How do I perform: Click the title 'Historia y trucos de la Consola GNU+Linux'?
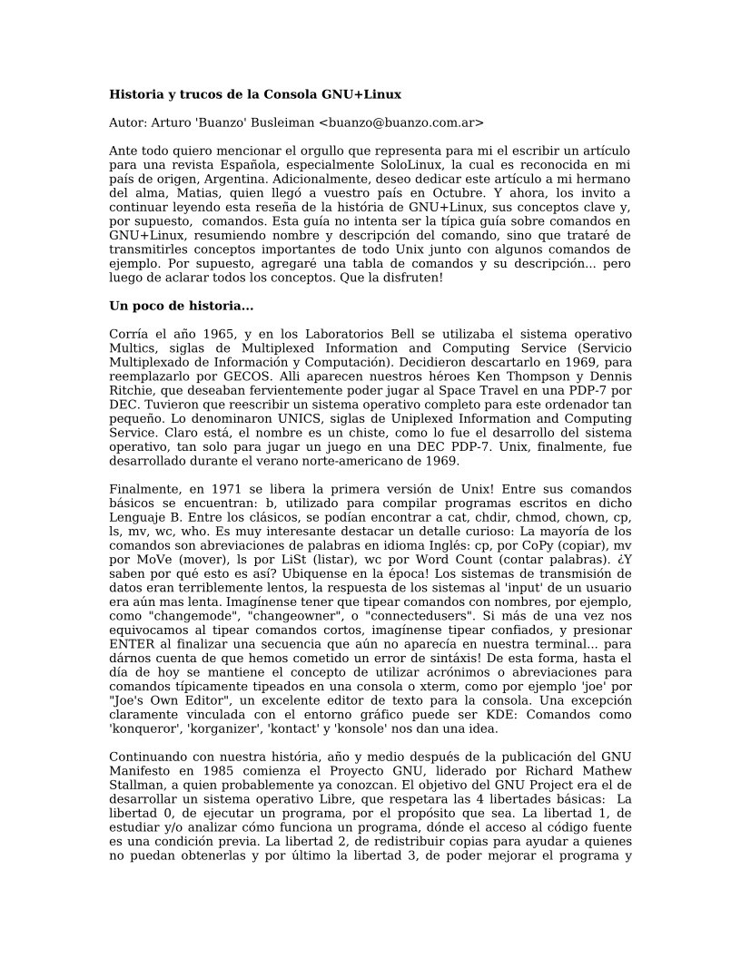[255, 94]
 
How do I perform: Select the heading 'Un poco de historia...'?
[181, 306]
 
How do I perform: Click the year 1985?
[234, 770]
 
